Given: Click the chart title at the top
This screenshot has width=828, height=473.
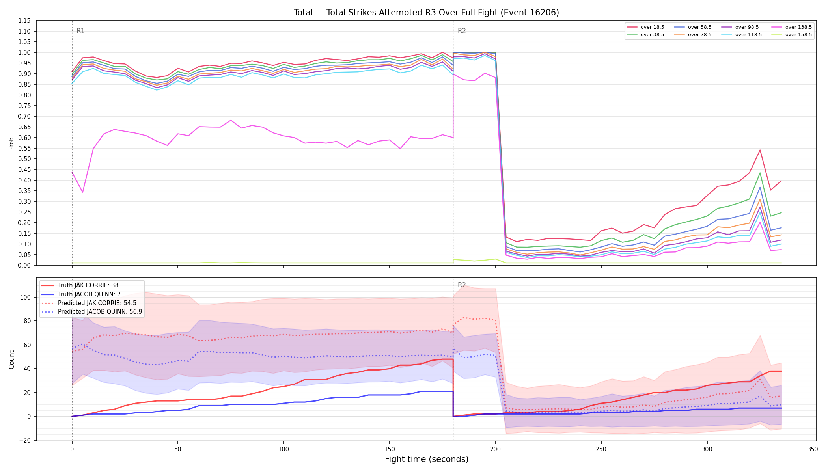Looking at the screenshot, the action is pos(426,13).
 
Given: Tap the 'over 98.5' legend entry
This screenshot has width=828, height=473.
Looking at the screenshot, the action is pos(740,27).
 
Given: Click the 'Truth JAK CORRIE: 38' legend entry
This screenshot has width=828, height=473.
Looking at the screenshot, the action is pos(80,285).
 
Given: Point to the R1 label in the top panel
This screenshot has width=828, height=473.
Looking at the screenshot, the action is pos(80,31).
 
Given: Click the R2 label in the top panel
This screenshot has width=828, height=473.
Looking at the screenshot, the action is pos(462,31).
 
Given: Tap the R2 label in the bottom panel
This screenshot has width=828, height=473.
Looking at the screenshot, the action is pos(462,285).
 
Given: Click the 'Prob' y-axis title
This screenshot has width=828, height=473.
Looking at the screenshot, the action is pos(11,143).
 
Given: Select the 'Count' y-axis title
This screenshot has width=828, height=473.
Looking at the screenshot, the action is pos(11,359).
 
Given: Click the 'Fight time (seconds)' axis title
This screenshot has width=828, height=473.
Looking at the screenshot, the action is pos(427,459).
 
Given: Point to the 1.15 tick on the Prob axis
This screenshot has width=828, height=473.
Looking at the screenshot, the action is pos(24,20).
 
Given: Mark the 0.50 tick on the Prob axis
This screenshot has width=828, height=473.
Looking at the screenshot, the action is pos(24,159).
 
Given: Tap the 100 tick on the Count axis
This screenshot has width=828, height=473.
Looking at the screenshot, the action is pos(26,297).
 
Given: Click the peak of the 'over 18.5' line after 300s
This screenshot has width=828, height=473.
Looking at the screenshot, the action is pos(760,150).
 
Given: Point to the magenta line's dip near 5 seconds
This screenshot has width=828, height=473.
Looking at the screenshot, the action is pos(82,192).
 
